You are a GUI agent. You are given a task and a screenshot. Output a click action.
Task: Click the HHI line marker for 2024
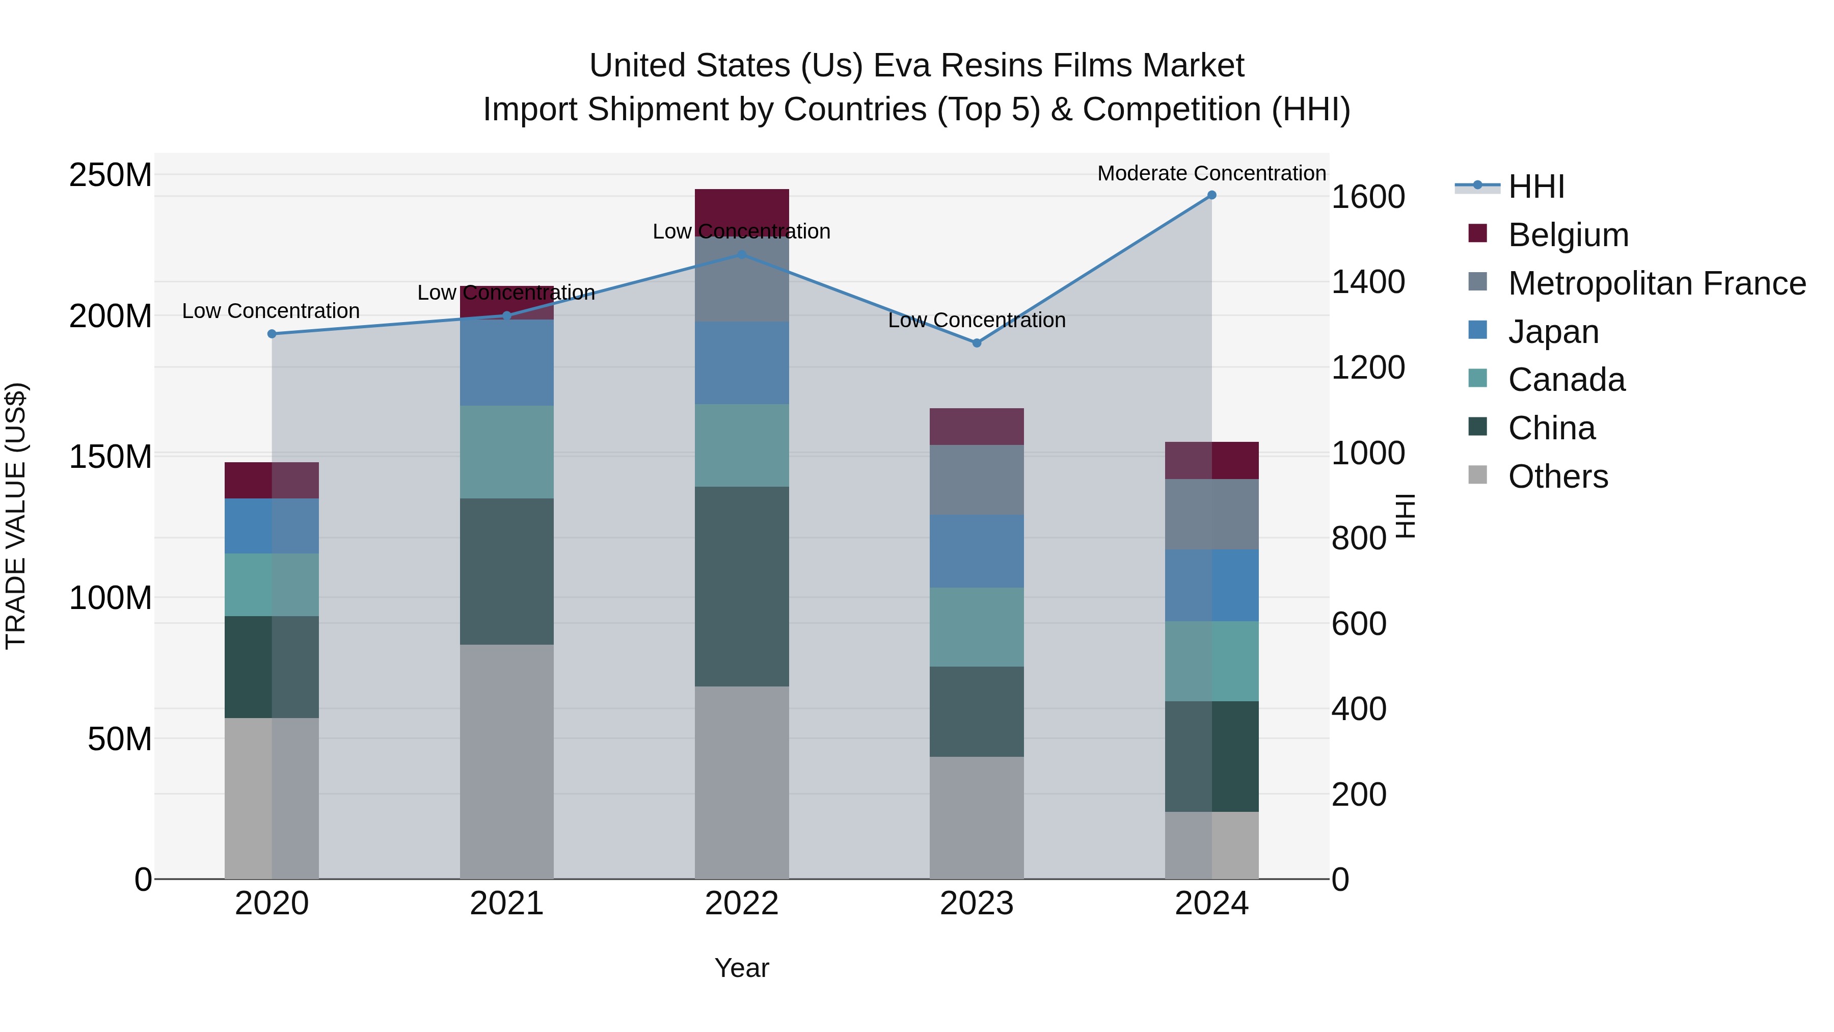pyautogui.click(x=1212, y=195)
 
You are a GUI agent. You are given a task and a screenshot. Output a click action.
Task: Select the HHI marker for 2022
pyautogui.click(x=741, y=254)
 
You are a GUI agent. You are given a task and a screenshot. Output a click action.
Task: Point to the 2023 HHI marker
pyautogui.click(x=977, y=343)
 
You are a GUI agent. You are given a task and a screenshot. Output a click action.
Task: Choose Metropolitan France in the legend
pyautogui.click(x=1657, y=283)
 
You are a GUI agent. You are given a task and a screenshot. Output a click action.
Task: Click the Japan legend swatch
pyautogui.click(x=1478, y=330)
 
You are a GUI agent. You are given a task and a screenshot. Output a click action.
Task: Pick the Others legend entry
pyautogui.click(x=1558, y=477)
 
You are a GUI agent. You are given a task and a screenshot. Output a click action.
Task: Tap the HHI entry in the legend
pyautogui.click(x=1536, y=187)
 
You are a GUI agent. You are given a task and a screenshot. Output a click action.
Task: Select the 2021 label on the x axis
pyautogui.click(x=506, y=904)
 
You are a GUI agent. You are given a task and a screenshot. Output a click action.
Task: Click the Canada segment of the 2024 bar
pyautogui.click(x=1212, y=661)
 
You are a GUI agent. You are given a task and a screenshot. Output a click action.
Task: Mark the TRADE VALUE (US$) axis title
pyautogui.click(x=16, y=516)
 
